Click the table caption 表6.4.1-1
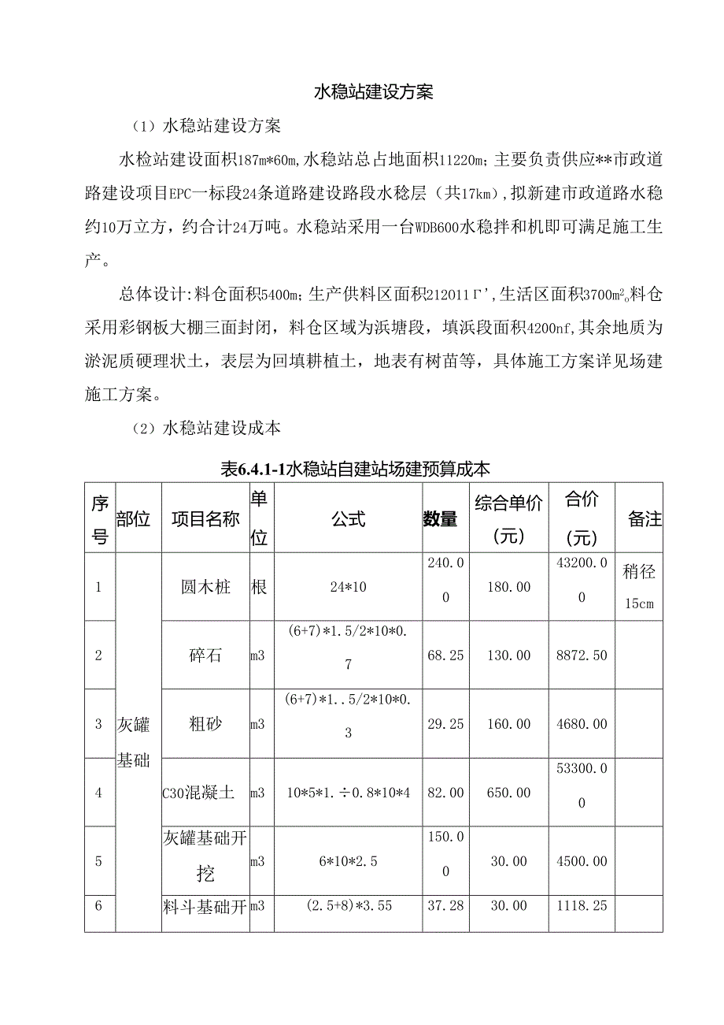(x=356, y=470)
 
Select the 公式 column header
(x=348, y=518)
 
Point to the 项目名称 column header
(x=205, y=518)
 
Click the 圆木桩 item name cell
(x=205, y=587)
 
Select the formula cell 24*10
(x=348, y=587)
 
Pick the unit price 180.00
(x=508, y=587)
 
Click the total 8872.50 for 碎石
(x=581, y=655)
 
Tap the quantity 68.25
(x=445, y=655)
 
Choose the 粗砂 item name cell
(x=205, y=724)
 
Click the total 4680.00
(x=581, y=724)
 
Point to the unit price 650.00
(x=508, y=793)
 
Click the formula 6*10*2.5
(x=348, y=862)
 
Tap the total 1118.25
(x=581, y=906)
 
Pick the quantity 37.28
(x=445, y=906)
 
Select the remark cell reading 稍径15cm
(x=638, y=587)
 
